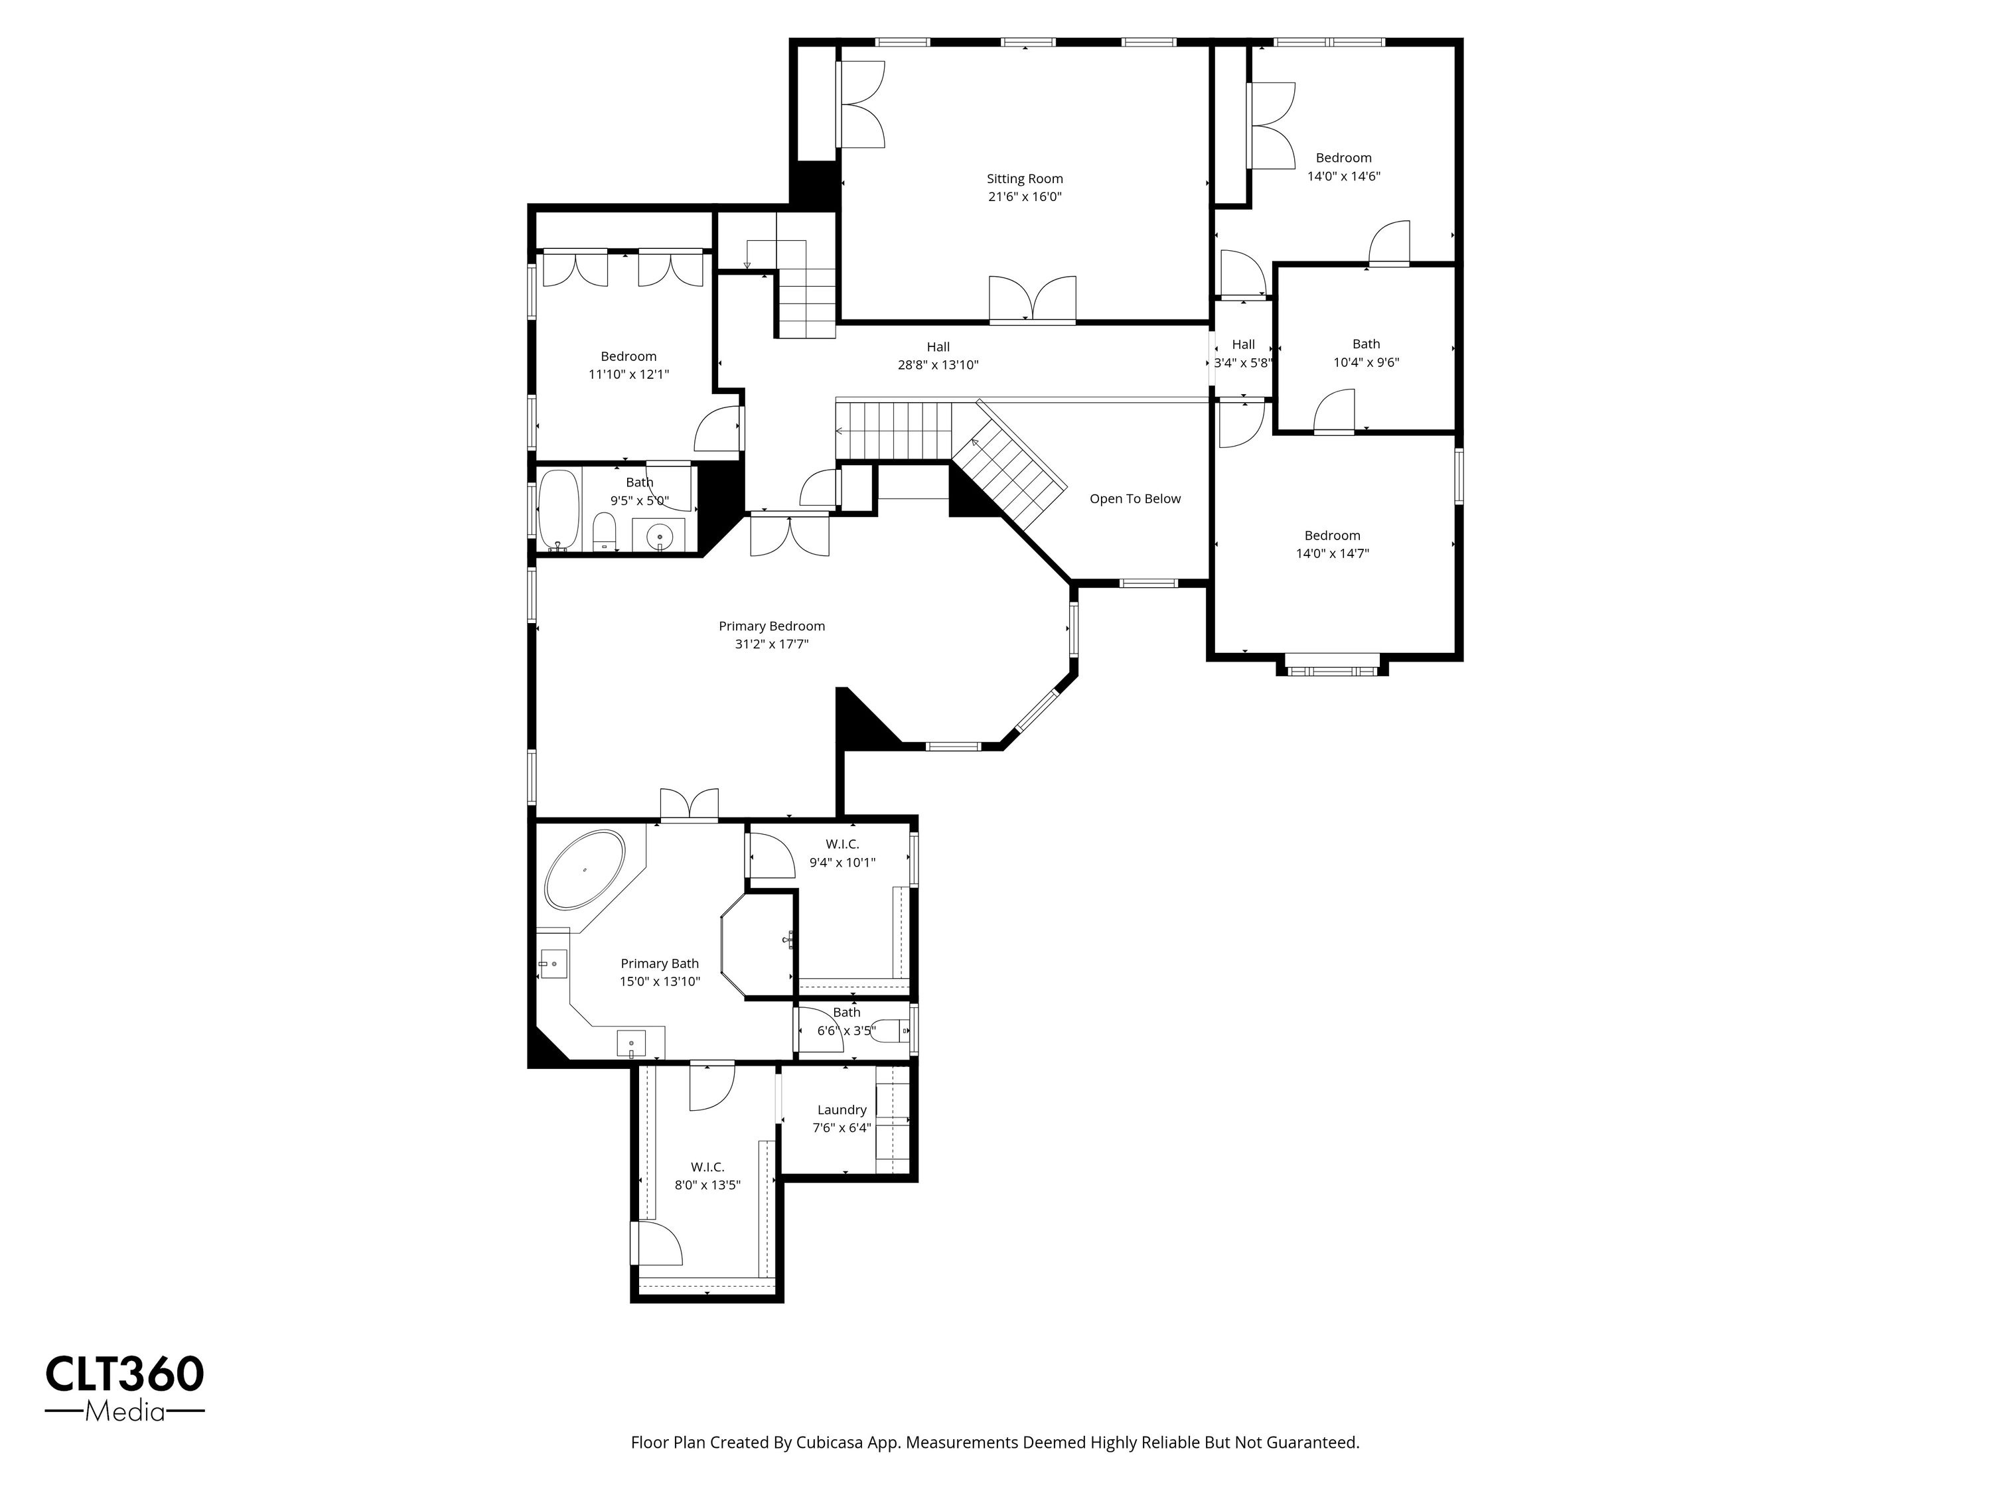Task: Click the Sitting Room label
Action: point(1024,179)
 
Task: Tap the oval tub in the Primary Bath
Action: point(585,869)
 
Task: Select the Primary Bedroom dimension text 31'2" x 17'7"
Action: point(771,644)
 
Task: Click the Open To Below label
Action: point(1135,498)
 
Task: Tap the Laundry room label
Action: point(842,1109)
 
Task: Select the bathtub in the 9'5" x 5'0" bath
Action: point(558,510)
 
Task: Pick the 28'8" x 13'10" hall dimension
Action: point(938,364)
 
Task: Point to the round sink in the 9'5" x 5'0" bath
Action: point(660,535)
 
